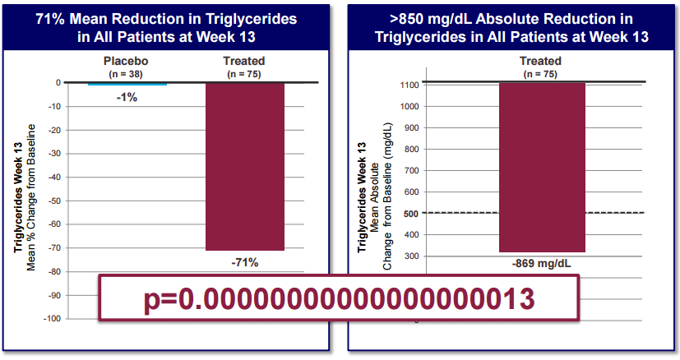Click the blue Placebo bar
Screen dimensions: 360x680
[127, 84]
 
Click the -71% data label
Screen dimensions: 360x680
[244, 262]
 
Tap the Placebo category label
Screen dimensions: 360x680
[125, 62]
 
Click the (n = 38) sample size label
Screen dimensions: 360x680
[125, 74]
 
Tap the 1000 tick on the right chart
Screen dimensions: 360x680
[409, 106]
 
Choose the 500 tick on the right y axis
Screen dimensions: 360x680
[411, 213]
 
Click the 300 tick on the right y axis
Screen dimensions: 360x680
[411, 256]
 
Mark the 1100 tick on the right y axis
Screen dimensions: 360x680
[409, 85]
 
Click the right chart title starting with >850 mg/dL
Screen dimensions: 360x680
[511, 26]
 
